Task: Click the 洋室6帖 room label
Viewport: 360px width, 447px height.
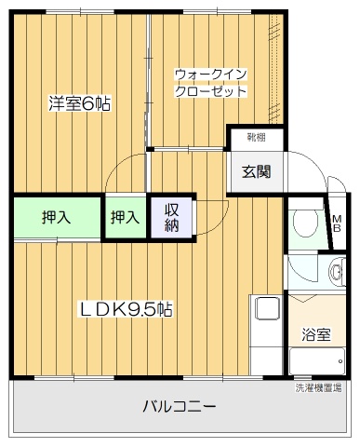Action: click(79, 104)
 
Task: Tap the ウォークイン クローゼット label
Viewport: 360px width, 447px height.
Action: click(211, 83)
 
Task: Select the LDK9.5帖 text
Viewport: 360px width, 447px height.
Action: click(125, 309)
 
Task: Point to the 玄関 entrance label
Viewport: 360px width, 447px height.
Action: click(256, 171)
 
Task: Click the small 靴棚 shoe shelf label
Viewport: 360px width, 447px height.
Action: click(256, 137)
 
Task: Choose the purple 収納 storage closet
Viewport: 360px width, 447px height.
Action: click(171, 218)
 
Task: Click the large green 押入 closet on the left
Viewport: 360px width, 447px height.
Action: click(57, 217)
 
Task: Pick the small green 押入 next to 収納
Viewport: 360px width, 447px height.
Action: click(126, 217)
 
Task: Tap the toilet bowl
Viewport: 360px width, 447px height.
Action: click(305, 223)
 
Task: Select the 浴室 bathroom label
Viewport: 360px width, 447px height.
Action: click(316, 335)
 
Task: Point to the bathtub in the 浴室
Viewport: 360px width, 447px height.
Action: click(317, 361)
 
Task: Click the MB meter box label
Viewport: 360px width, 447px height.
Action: click(337, 223)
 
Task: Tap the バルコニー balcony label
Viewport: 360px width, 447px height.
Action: click(179, 406)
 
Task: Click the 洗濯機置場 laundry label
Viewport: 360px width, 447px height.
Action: click(318, 387)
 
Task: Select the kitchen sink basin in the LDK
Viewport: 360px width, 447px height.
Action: click(267, 308)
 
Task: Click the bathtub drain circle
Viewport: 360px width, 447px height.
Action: click(340, 361)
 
